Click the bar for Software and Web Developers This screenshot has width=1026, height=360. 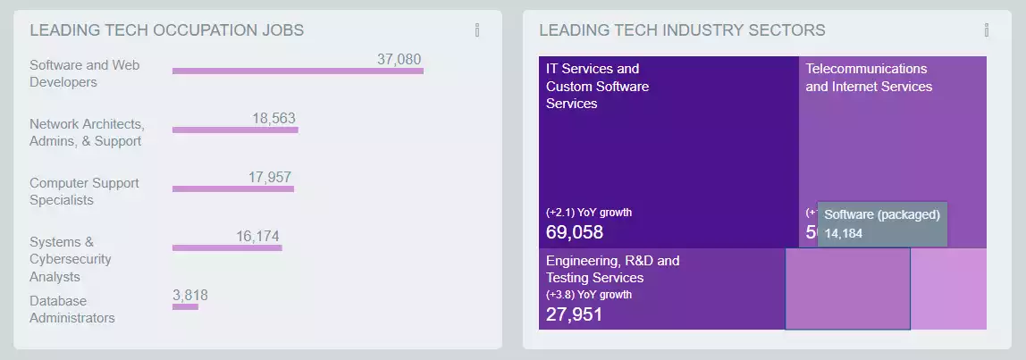298,71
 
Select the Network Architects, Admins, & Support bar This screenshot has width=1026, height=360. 235,130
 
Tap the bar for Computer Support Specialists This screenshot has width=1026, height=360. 232,188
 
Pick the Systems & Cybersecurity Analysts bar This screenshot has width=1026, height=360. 227,247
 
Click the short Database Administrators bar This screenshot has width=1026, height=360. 185,306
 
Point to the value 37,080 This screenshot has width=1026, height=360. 399,59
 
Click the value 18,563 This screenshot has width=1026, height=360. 273,118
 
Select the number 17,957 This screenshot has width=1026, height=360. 270,177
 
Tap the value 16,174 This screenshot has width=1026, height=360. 257,236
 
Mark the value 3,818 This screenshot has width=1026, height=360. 190,295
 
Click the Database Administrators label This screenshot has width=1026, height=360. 71,309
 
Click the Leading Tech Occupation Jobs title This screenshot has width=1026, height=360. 166,30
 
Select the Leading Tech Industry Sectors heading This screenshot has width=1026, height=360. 682,30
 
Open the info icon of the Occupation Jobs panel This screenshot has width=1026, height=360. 477,30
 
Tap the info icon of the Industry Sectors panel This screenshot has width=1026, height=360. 987,30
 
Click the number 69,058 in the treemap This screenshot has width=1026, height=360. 575,232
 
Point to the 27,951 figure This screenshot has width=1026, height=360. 575,314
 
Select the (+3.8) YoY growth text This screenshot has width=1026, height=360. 589,294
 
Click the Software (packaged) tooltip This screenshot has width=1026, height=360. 881,223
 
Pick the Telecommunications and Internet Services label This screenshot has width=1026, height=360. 869,78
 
